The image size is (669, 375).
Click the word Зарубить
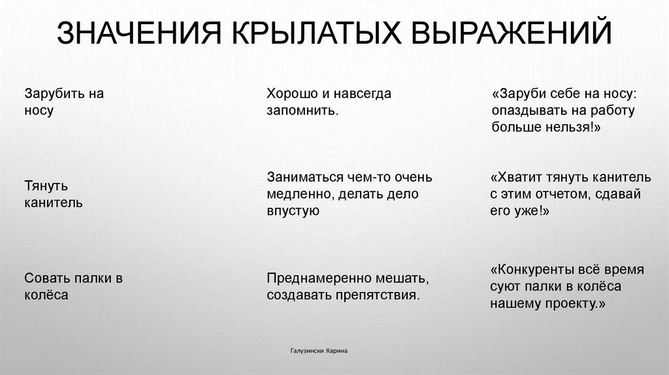pyautogui.click(x=52, y=93)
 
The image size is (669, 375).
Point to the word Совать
pyautogui.click(x=44, y=278)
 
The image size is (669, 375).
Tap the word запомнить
pyautogui.click(x=301, y=110)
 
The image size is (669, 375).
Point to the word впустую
pyautogui.click(x=292, y=210)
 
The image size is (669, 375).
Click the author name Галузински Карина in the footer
pyautogui.click(x=319, y=351)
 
